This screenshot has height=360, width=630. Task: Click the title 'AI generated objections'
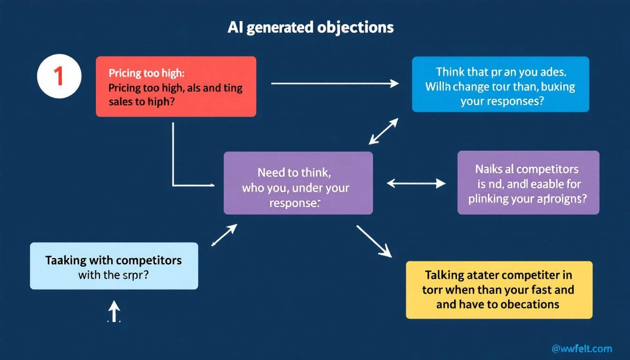pos(310,28)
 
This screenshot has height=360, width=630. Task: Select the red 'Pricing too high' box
pos(176,87)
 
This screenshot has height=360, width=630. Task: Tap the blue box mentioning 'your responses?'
pos(500,84)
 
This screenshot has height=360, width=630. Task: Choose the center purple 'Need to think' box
pos(298,183)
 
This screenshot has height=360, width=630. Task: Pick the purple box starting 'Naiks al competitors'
pos(528,183)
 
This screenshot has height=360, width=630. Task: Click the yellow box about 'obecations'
pos(499,290)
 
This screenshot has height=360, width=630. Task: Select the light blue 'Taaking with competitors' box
pos(114,266)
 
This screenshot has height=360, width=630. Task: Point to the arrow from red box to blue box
pos(335,83)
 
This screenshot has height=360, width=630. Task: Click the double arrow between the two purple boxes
pos(416,183)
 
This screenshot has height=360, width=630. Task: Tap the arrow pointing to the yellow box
pos(374,241)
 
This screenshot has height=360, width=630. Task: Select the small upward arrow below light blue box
pos(114,311)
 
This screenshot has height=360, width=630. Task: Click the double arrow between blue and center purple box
pos(383,131)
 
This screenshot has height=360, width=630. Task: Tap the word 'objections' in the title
pos(355,28)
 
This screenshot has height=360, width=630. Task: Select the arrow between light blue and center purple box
pos(224,235)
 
